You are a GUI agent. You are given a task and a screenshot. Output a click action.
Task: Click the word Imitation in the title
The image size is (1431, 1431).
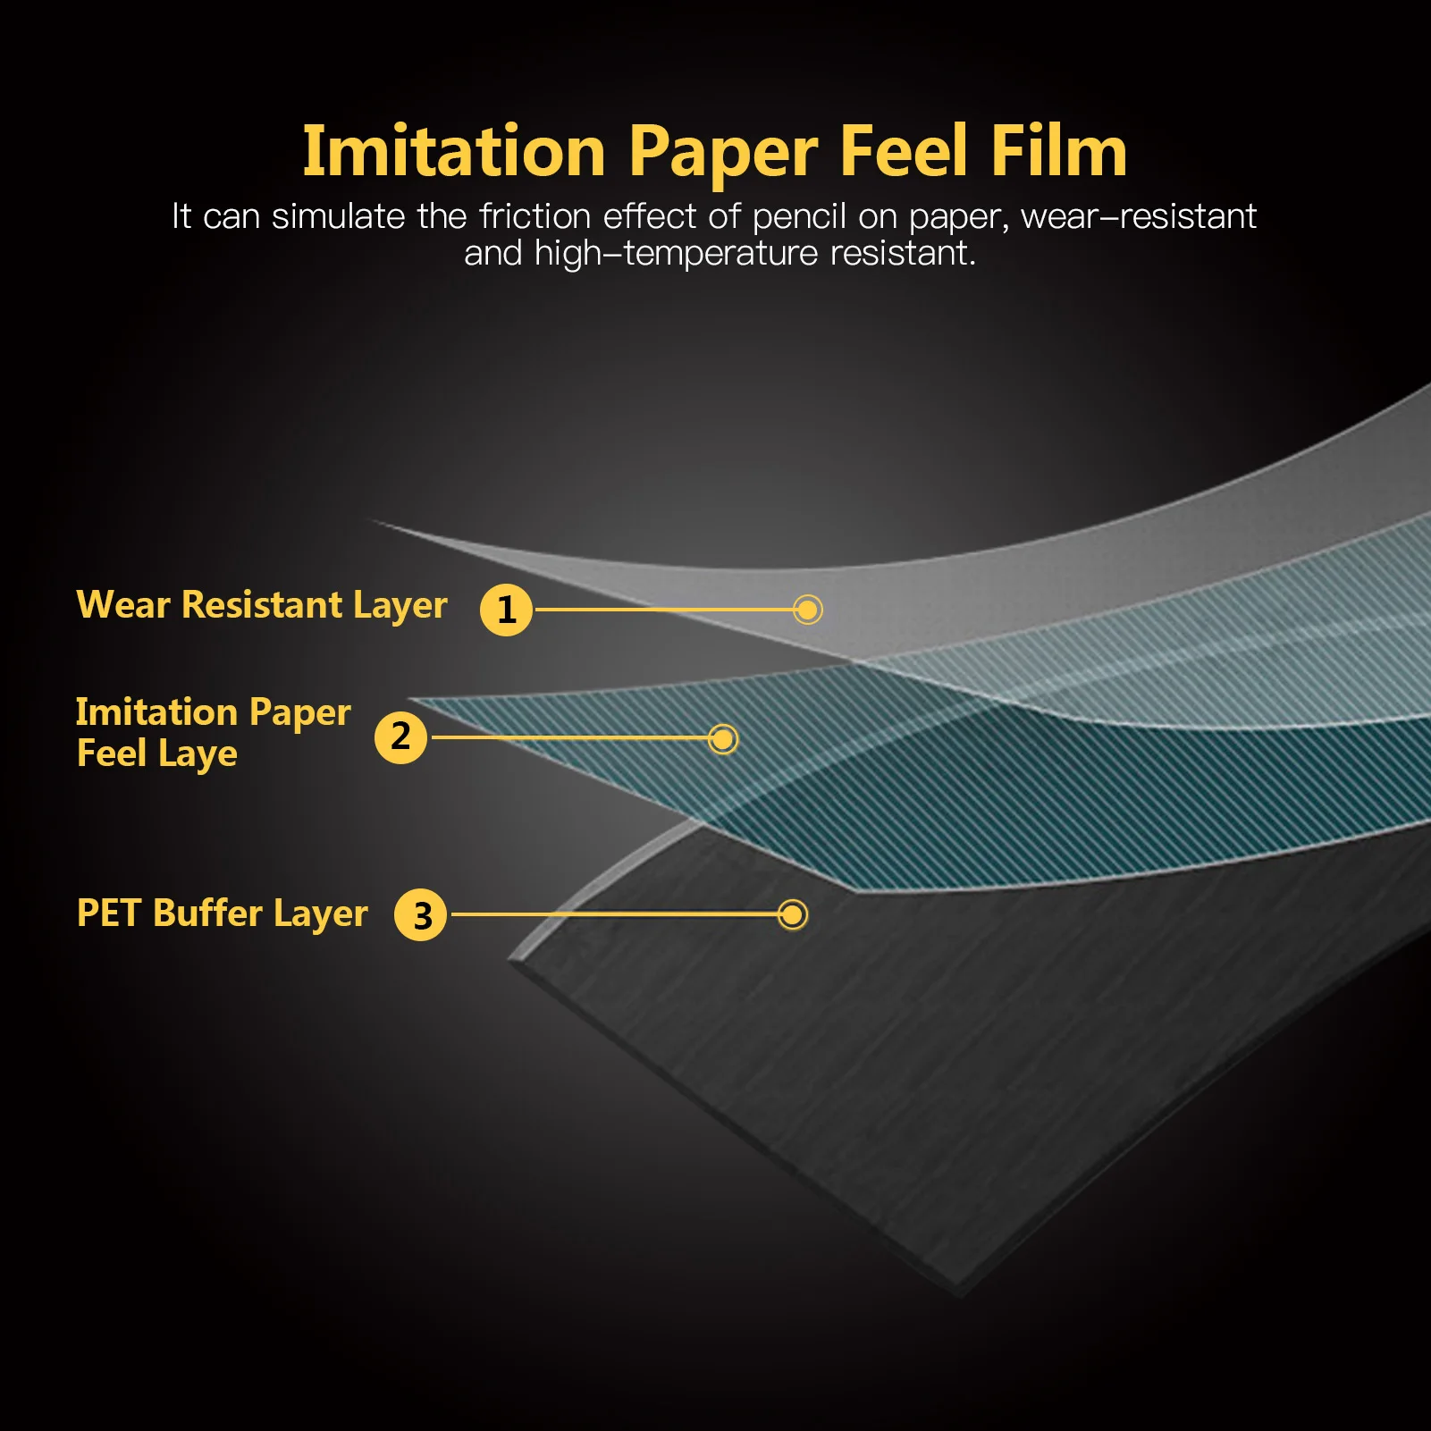[x=454, y=152]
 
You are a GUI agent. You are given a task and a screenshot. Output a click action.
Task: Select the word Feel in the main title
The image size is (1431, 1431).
[x=904, y=152]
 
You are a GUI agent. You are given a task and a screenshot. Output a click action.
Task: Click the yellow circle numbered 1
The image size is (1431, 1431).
[x=506, y=610]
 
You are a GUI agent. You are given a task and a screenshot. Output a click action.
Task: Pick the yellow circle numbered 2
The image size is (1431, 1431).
[x=400, y=737]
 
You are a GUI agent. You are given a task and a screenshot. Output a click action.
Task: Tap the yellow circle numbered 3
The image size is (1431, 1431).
[x=420, y=914]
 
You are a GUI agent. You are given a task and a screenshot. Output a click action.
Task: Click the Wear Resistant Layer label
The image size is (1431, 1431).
[x=261, y=605]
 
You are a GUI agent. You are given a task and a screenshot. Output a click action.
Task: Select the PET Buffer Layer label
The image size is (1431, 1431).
[x=222, y=913]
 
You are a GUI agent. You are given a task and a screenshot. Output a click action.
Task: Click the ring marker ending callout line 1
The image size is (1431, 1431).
[x=807, y=610]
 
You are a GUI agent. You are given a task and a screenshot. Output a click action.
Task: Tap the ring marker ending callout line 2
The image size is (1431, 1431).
[x=722, y=739]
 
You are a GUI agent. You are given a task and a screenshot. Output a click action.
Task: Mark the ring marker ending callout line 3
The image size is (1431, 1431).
[x=792, y=914]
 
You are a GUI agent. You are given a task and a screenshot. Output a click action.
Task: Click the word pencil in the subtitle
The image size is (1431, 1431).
[x=799, y=217]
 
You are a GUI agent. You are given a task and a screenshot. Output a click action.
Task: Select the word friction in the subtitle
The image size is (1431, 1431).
[x=535, y=216]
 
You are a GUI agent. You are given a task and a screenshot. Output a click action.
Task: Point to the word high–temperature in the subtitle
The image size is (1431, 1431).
[x=676, y=254]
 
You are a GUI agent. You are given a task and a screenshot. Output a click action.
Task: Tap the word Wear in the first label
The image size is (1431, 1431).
[x=123, y=605]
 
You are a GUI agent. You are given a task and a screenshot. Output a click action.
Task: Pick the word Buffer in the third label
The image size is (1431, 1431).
[x=207, y=913]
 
